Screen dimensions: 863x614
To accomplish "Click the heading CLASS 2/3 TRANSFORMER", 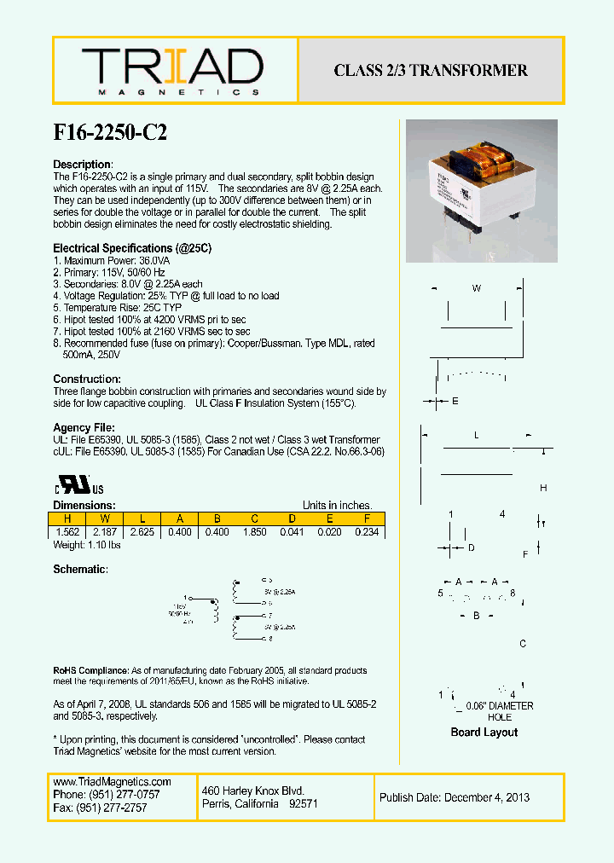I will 431,71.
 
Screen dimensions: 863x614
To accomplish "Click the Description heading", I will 83,164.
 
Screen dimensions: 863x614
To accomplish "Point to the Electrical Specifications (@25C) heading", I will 131,248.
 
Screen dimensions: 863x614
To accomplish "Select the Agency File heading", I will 84,427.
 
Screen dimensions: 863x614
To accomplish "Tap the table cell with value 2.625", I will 142,531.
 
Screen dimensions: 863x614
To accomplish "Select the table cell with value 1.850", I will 254,531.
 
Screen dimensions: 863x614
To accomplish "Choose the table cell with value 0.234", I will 367,531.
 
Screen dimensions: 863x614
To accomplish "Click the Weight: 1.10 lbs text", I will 88,544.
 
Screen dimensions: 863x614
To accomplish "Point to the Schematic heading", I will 80,569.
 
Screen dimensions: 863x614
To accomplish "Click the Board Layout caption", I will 484,732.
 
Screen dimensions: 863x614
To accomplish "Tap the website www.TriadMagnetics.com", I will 112,781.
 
